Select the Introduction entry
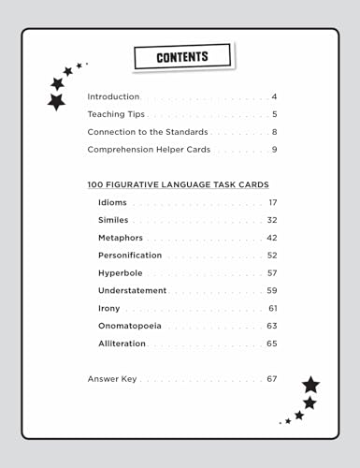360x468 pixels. click(x=113, y=96)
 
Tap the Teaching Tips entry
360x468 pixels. click(x=116, y=114)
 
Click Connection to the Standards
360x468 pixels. click(x=147, y=132)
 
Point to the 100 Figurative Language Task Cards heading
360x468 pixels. click(x=178, y=184)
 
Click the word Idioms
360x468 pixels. click(x=113, y=202)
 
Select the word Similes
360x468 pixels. click(x=113, y=220)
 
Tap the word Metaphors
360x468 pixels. click(x=121, y=238)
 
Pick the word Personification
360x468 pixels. click(x=130, y=255)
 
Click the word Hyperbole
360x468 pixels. click(x=120, y=272)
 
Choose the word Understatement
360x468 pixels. click(x=132, y=290)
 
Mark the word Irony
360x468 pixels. click(x=109, y=308)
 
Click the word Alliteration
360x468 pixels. click(x=122, y=344)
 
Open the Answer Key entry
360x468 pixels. click(x=111, y=379)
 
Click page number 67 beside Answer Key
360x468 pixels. click(x=272, y=379)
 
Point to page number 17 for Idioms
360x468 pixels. click(x=273, y=202)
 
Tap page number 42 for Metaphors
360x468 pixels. click(x=272, y=238)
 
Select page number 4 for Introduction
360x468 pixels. click(x=275, y=96)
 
